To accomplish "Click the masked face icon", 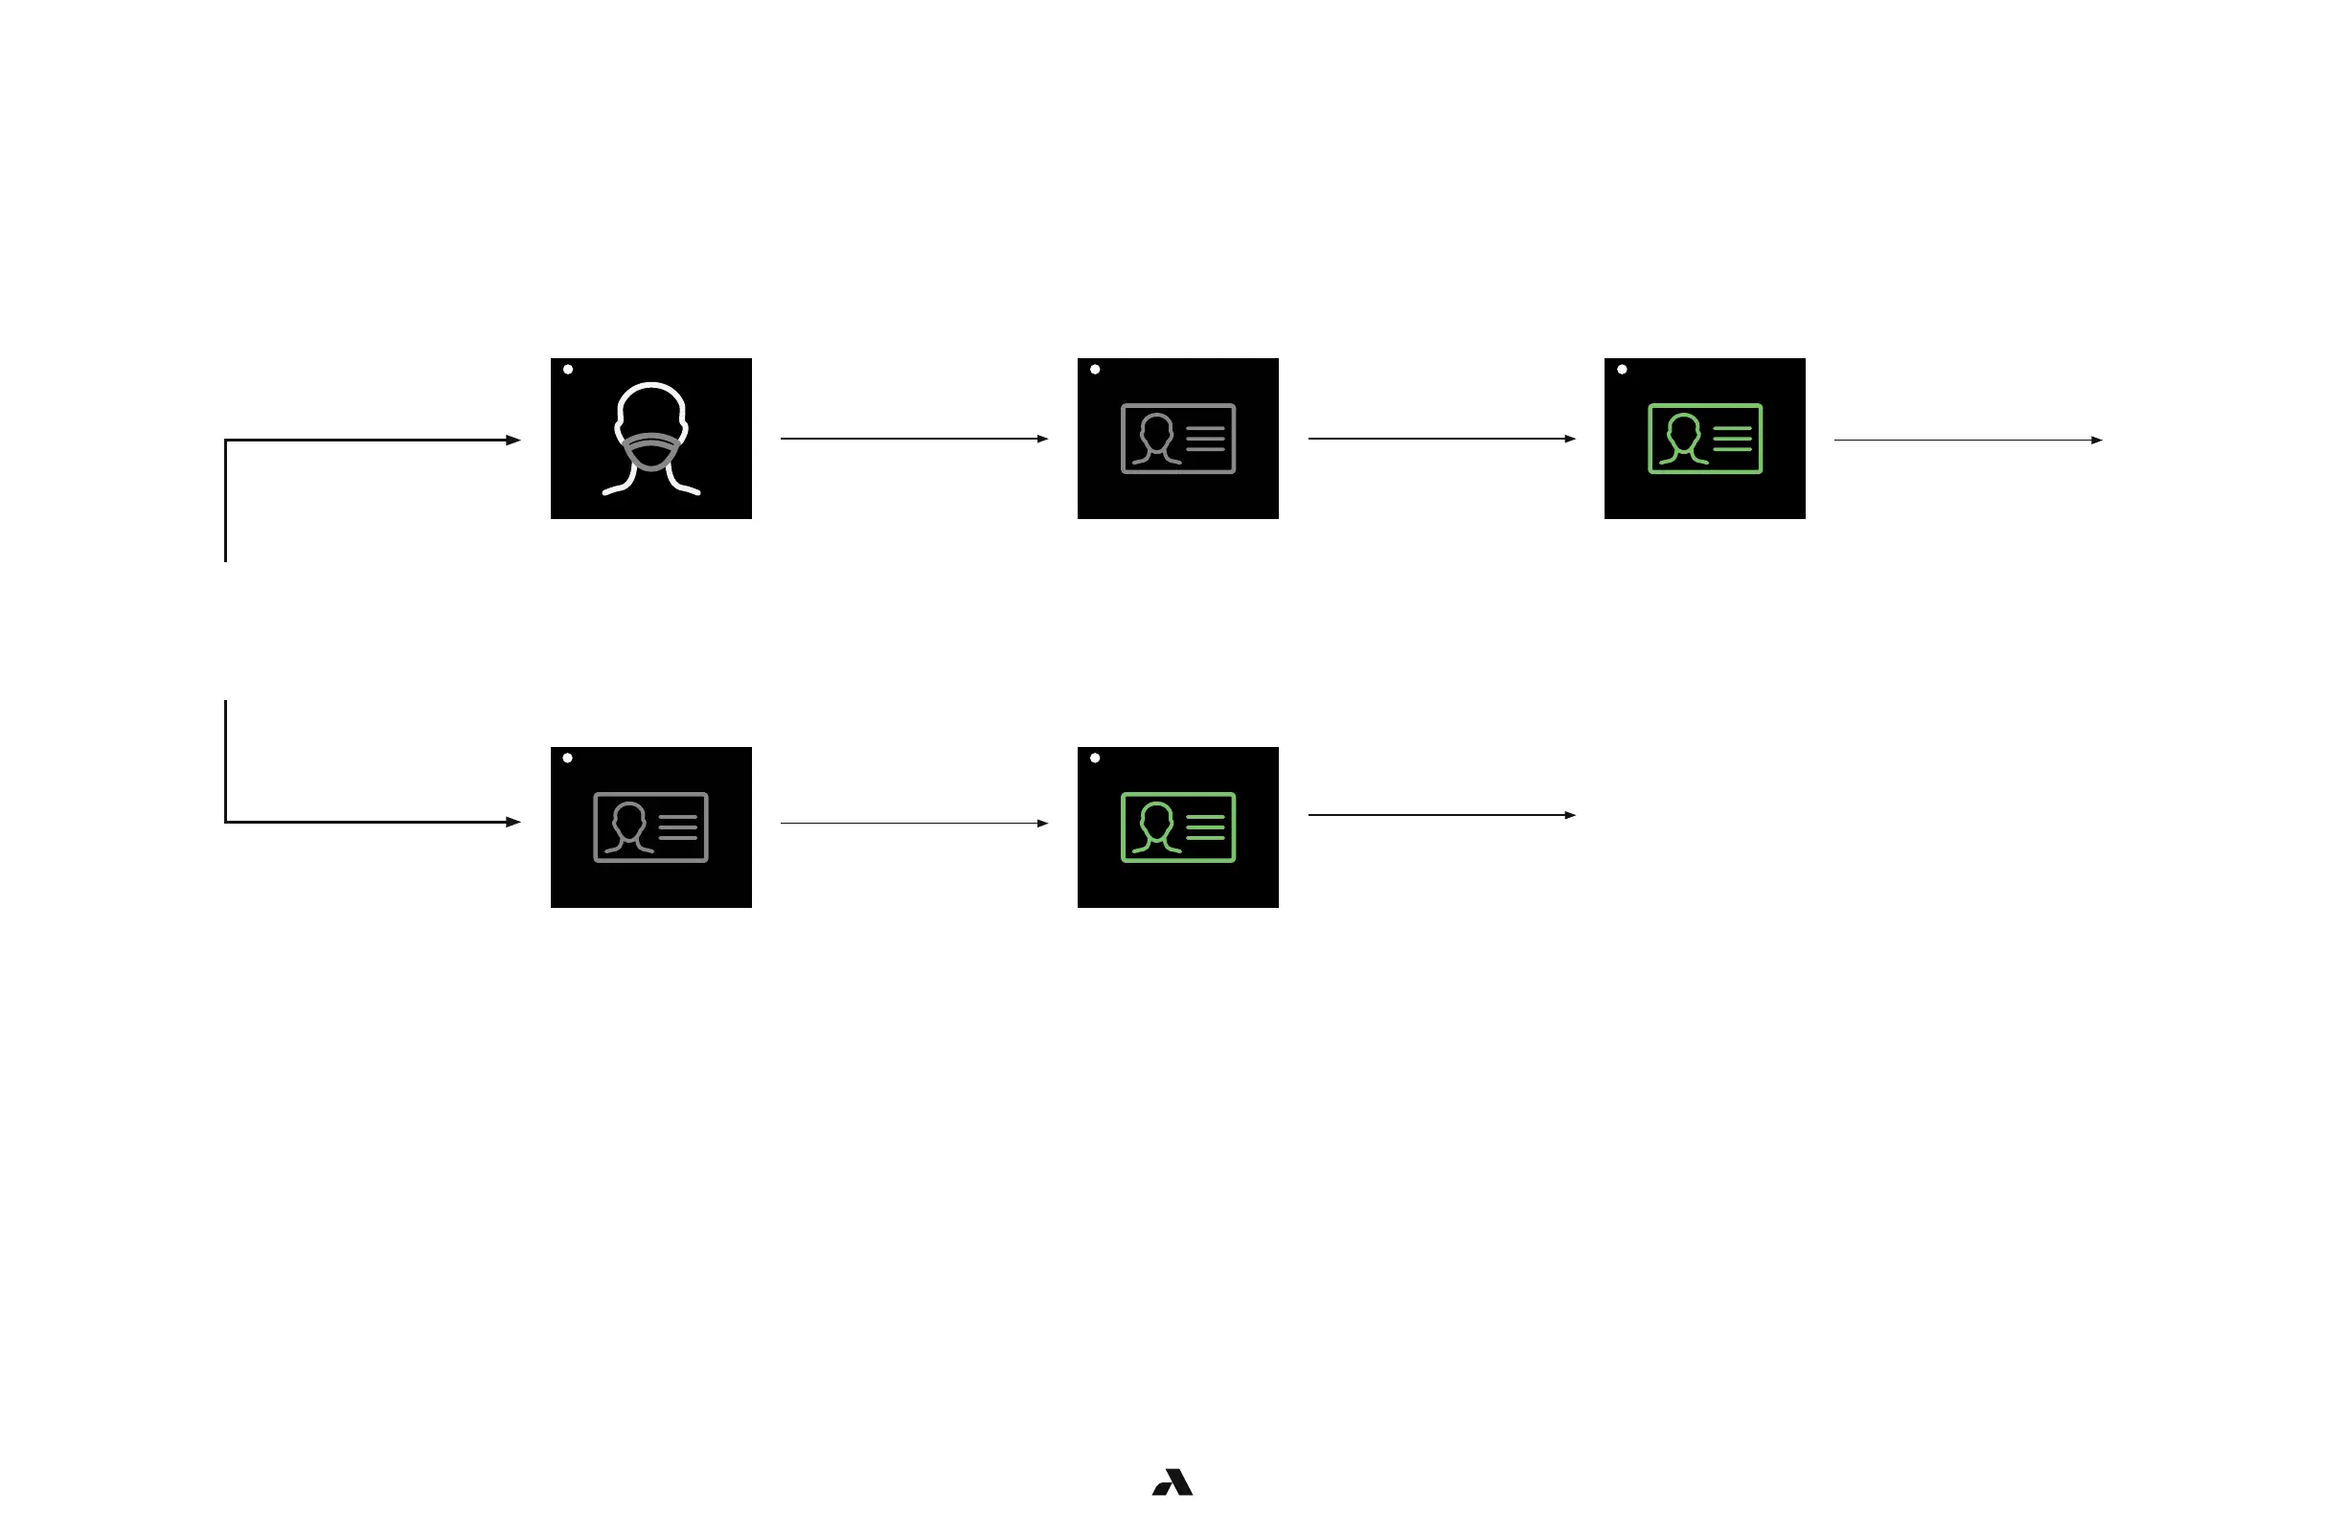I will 651,438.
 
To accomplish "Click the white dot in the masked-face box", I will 568,370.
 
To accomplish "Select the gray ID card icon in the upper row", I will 1177,439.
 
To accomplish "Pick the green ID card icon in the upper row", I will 1704,439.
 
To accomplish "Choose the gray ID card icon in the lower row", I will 650,826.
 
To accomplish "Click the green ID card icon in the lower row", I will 1177,826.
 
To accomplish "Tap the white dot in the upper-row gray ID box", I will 1095,370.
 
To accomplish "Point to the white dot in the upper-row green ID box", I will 1622,370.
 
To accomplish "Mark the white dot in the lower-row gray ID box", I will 567,758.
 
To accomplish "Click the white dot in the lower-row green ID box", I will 1095,758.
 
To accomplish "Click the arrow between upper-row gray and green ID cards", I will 1441,439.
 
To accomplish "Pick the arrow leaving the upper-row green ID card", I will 1968,440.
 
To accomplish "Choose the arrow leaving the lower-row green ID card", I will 1441,815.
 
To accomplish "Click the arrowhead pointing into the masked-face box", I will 513,440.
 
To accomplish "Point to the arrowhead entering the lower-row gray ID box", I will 513,822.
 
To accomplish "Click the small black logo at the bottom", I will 1172,1482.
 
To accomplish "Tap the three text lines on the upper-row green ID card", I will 1732,439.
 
